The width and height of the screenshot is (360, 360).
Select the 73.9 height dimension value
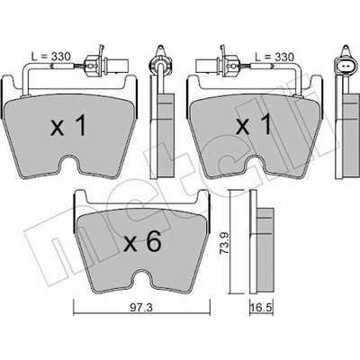tap(224, 243)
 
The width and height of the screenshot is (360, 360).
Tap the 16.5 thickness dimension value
tap(261, 310)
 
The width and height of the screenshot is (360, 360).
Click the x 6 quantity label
tap(143, 242)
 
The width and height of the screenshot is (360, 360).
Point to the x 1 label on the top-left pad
tap(68, 125)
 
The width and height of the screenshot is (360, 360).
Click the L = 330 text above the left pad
tap(51, 57)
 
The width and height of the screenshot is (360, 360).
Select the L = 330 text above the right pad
tap(274, 57)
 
